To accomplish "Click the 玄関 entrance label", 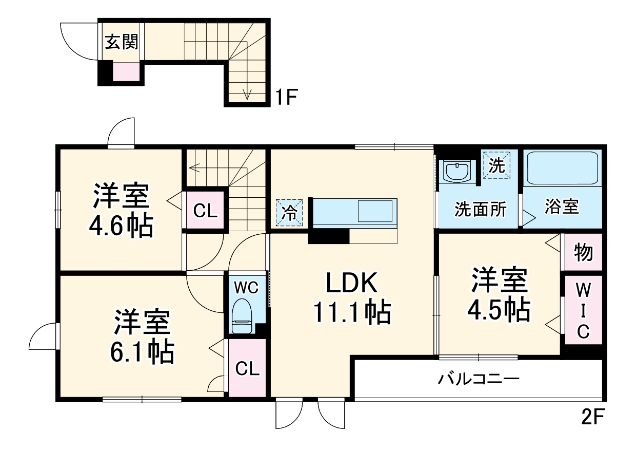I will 122,42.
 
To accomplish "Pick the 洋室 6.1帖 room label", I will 142,336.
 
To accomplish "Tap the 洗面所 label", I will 481,210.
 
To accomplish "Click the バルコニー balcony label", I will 479,380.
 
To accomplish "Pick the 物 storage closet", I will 583,252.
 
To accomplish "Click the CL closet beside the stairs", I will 205,210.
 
